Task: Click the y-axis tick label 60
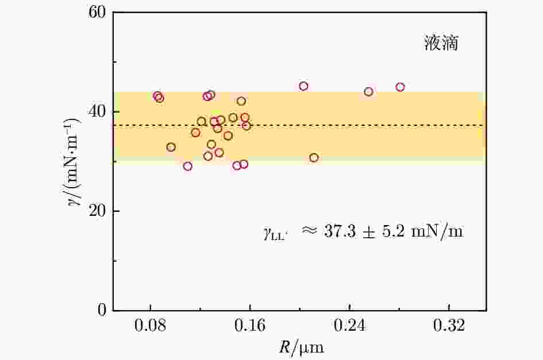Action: coord(98,12)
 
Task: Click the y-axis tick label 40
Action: coord(98,111)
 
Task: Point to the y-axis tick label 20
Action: coord(98,211)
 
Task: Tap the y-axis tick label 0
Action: coord(102,311)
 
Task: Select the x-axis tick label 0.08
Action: coord(150,326)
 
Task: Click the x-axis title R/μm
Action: coord(299,347)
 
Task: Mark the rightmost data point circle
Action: coord(400,87)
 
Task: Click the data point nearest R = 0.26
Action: coord(368,92)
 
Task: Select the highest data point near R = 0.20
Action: coord(303,86)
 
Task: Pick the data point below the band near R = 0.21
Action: coord(314,158)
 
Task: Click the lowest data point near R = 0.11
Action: coord(187,167)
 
